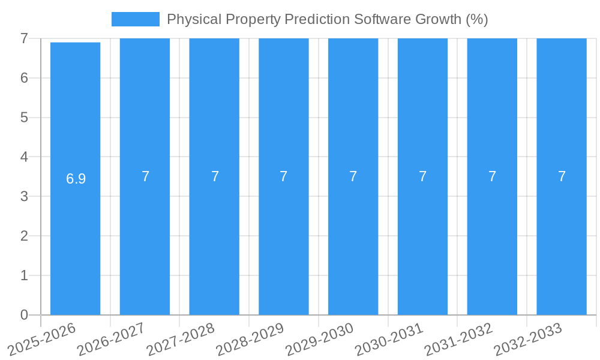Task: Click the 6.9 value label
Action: pyautogui.click(x=76, y=179)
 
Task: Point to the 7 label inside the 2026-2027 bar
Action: pyautogui.click(x=145, y=176)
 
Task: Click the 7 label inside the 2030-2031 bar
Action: pyautogui.click(x=422, y=176)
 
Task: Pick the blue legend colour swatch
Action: pyautogui.click(x=135, y=19)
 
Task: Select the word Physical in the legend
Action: pyautogui.click(x=191, y=19)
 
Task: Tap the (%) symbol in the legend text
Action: pyautogui.click(x=477, y=19)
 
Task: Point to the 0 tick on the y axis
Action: pyautogui.click(x=24, y=315)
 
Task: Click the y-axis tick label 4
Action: pyautogui.click(x=24, y=157)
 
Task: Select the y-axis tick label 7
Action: pyautogui.click(x=24, y=38)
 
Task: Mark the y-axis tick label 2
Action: pyautogui.click(x=24, y=236)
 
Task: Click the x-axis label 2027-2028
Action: pyautogui.click(x=181, y=339)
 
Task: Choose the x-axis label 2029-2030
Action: pyautogui.click(x=320, y=339)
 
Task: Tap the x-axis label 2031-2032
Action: pyautogui.click(x=458, y=339)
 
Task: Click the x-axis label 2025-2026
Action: pyautogui.click(x=42, y=339)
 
